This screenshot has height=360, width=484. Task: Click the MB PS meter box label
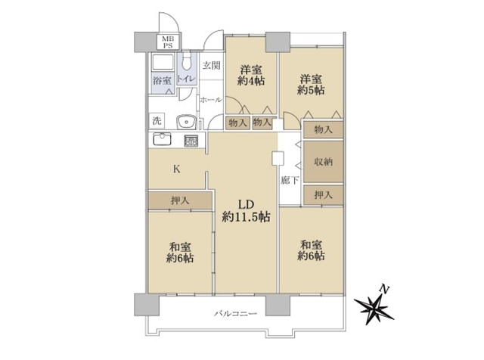click(x=168, y=42)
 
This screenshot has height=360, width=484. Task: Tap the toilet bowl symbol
click(x=187, y=64)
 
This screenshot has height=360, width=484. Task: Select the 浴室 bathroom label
click(x=162, y=81)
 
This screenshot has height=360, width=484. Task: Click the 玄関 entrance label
click(x=212, y=66)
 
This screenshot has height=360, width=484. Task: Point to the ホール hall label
click(x=211, y=100)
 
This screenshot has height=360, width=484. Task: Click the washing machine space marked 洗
click(x=157, y=121)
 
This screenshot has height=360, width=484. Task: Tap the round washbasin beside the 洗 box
click(x=186, y=122)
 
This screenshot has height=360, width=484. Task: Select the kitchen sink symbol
click(x=162, y=139)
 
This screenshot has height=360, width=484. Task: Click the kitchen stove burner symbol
click(x=191, y=141)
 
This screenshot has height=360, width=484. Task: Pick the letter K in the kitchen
click(x=176, y=169)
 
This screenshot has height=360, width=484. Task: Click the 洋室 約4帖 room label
click(x=251, y=75)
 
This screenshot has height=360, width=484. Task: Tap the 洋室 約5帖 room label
click(x=311, y=84)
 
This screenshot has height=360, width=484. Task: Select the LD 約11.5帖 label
click(x=246, y=210)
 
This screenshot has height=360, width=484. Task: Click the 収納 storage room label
click(x=323, y=162)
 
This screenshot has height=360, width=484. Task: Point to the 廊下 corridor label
click(x=290, y=180)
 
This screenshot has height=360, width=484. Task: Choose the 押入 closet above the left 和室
click(x=180, y=201)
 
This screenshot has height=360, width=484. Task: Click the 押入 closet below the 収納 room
click(x=323, y=195)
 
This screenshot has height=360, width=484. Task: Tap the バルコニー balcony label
click(x=235, y=314)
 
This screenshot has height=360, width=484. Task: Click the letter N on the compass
click(x=384, y=290)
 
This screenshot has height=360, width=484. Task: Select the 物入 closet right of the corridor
click(x=323, y=129)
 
